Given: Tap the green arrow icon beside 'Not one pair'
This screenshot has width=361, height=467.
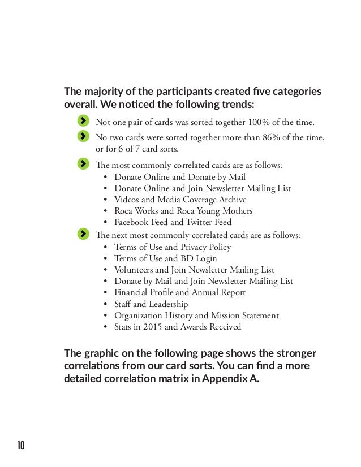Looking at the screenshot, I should (83, 121).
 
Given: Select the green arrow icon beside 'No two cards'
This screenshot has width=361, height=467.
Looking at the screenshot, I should (83, 136).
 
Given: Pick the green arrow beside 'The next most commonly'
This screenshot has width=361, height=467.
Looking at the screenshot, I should (83, 233).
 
